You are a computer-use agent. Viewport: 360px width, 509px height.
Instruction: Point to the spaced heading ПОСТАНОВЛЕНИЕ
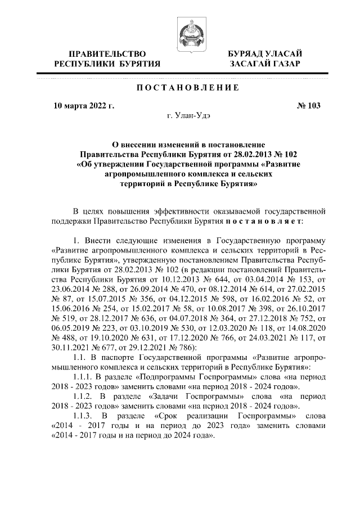pyautogui.click(x=181, y=88)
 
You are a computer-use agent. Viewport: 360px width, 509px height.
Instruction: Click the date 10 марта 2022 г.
pyautogui.click(x=84, y=105)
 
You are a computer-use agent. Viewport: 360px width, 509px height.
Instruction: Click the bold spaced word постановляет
pyautogui.click(x=272, y=222)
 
